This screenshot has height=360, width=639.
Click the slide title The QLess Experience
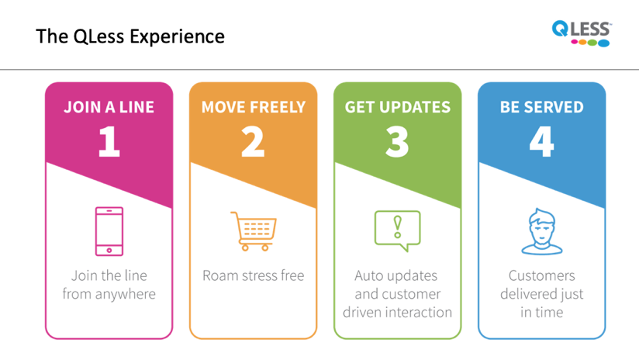pos(130,36)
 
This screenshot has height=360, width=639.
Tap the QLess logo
pos(582,34)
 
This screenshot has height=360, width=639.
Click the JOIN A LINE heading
pos(109,107)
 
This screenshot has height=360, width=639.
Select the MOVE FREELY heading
pos(254,107)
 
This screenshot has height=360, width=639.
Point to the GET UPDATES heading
pos(398,107)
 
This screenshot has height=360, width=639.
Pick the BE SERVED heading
pos(542,107)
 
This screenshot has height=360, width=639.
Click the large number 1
pos(109,141)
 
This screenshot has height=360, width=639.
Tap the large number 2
pos(253,141)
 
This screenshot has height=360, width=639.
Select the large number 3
pos(397,141)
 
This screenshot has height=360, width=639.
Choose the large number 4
pos(541,141)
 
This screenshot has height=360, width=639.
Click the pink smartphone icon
pos(109,231)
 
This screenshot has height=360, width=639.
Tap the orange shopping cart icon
pos(254,231)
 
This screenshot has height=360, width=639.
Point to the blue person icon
pos(542,231)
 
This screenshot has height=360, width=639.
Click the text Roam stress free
pos(254,275)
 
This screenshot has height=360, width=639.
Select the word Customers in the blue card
pos(542,276)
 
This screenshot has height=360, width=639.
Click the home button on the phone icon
pos(109,251)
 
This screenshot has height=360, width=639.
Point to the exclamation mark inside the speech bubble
pos(397,227)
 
